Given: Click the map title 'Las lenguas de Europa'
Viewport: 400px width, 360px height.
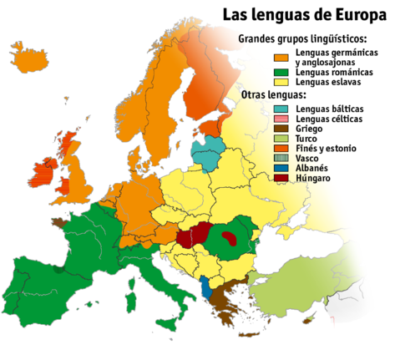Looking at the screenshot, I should pyautogui.click(x=304, y=16).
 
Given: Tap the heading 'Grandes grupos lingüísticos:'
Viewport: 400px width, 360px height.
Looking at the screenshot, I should pyautogui.click(x=305, y=40).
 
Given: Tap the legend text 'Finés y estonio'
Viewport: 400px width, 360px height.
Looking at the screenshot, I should pyautogui.click(x=327, y=149).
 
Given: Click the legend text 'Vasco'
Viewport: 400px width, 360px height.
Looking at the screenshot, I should pyautogui.click(x=307, y=159).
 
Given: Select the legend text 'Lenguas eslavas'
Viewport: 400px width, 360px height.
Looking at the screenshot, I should pyautogui.click(x=328, y=83).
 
